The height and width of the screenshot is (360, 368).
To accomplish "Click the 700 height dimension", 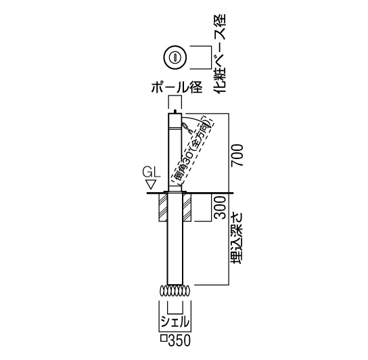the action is tap(237, 156).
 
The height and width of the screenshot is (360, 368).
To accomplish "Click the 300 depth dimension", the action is tap(220, 207).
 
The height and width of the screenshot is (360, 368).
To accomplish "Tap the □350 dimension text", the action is tap(175, 340).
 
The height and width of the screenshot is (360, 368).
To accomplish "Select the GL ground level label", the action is tap(152, 173).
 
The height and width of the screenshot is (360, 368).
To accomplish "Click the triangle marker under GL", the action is tap(151, 185).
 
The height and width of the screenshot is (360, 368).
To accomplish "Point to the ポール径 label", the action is tap(177, 87).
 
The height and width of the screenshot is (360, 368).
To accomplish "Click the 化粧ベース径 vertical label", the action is tap(219, 53).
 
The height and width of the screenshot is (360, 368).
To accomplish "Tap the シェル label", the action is tap(175, 321).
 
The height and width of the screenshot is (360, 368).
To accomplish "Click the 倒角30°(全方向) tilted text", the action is tap(192, 150).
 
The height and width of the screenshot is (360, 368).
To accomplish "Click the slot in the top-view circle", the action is tap(175, 57).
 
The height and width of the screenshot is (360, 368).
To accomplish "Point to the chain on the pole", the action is tap(187, 128).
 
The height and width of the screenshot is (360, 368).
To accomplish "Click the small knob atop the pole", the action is tap(175, 111).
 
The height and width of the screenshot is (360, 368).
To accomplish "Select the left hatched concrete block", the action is tap(163, 207).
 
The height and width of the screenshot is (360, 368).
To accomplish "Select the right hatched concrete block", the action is tap(187, 207).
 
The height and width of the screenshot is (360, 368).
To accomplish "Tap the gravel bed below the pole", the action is tap(175, 292).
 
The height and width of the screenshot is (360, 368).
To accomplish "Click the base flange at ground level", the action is tap(175, 192).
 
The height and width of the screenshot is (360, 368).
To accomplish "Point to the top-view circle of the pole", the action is tap(175, 57).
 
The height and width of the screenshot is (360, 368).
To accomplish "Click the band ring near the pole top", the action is tap(175, 129).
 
